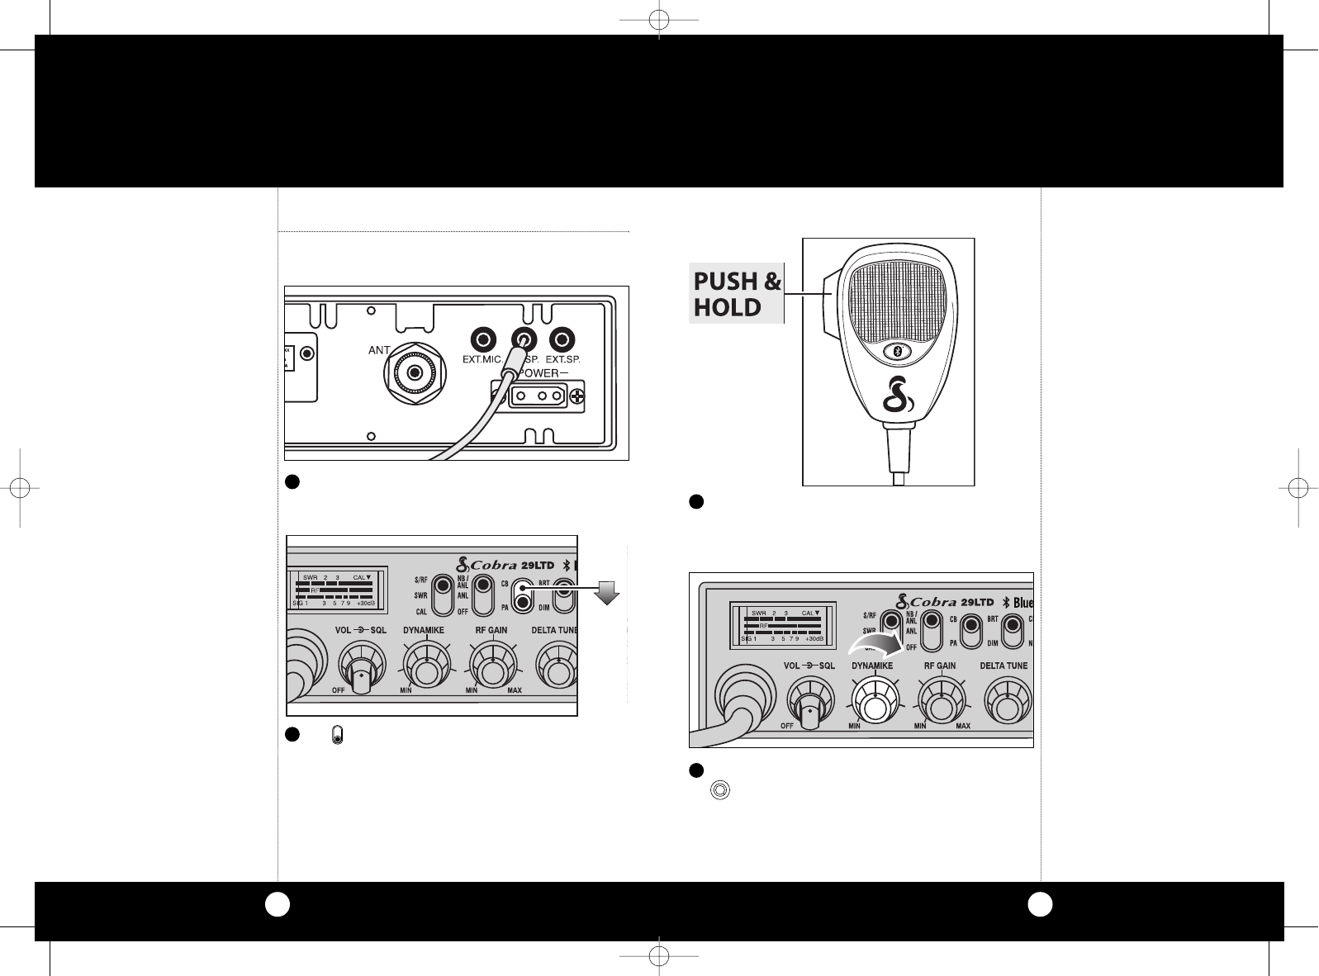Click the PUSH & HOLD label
(736, 294)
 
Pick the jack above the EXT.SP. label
(562, 339)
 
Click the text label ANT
(379, 351)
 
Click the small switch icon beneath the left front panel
(337, 735)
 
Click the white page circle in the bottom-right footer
(1039, 905)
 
